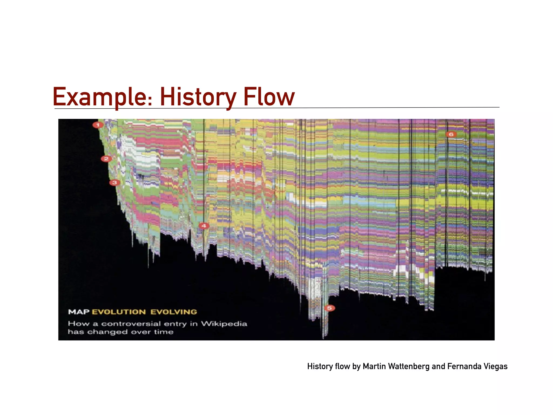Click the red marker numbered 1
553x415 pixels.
pos(98,125)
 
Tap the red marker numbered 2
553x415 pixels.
pos(106,159)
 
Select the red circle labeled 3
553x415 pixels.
pos(114,183)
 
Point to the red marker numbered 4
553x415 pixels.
pos(204,226)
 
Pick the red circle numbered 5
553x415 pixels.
pos(329,308)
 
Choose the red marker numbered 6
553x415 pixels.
pos(451,134)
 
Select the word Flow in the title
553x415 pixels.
pos(269,97)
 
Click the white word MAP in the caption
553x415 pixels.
pos(79,312)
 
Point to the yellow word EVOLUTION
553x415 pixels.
pos(119,312)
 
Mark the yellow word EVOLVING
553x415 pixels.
pos(174,312)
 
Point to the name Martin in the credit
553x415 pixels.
pos(374,366)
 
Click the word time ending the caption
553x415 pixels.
pos(164,332)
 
